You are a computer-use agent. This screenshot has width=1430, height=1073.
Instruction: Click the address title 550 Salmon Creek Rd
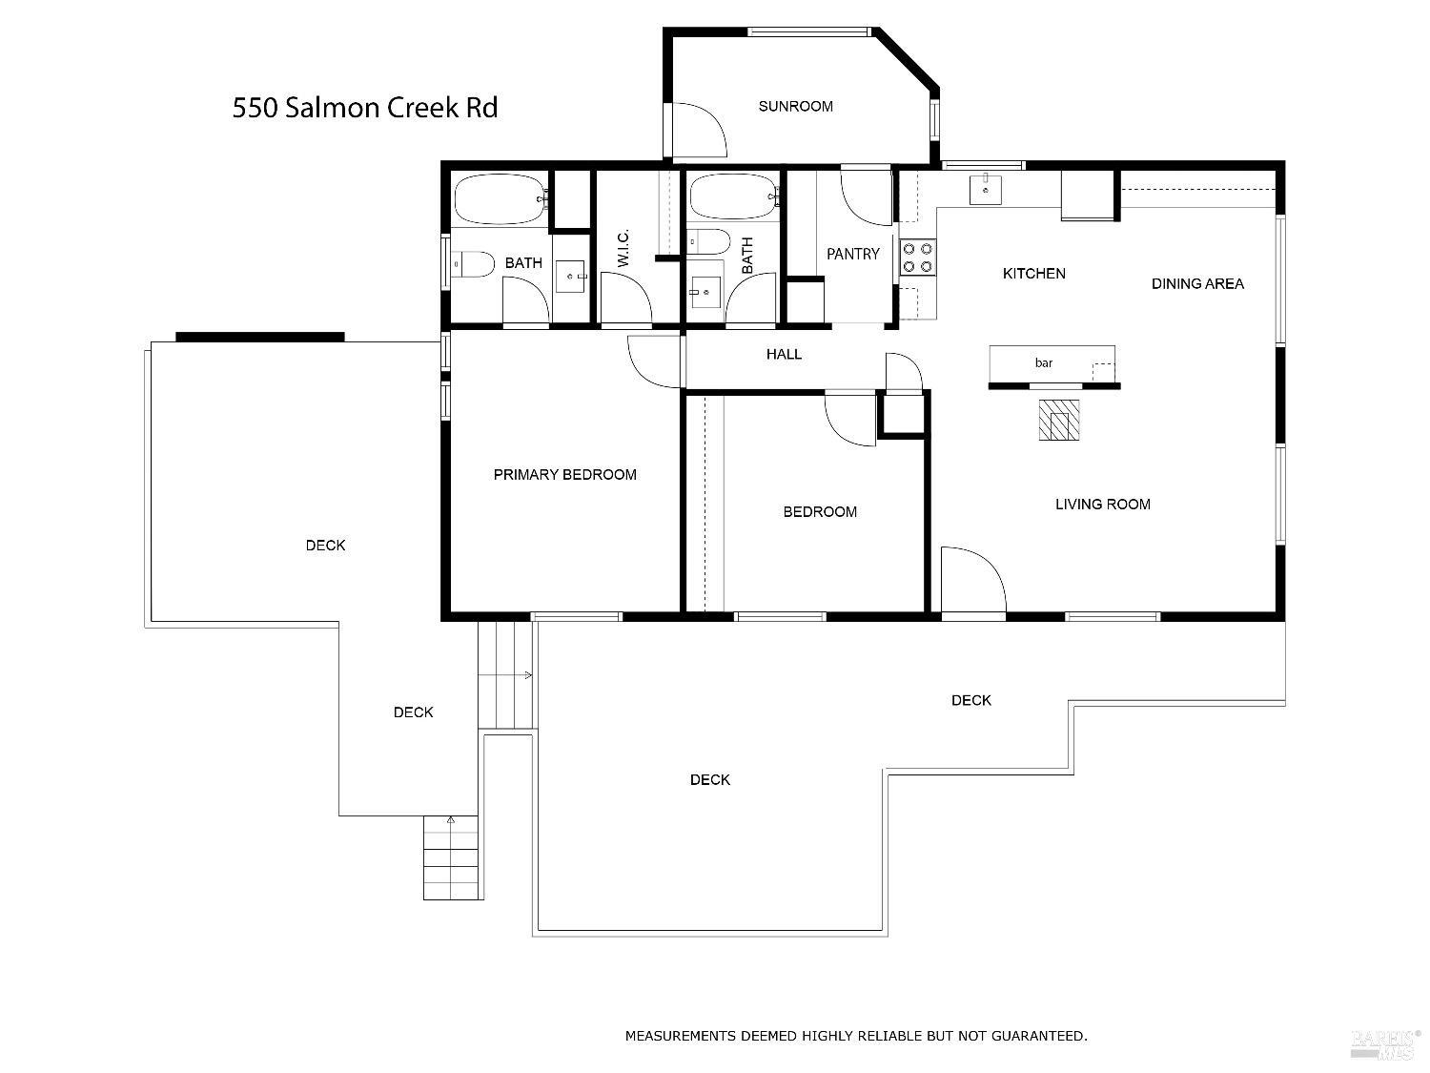[365, 108]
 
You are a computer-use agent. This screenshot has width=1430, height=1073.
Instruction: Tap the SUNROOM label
[795, 107]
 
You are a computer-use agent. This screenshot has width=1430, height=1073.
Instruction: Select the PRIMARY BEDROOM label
[564, 475]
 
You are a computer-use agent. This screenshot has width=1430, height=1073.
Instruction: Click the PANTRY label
[852, 254]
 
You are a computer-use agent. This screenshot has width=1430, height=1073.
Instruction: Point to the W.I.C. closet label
[623, 248]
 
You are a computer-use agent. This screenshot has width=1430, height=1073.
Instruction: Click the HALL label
[784, 355]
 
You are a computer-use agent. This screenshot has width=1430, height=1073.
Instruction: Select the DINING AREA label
[1197, 283]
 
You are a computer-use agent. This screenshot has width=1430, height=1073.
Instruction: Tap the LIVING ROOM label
[1102, 505]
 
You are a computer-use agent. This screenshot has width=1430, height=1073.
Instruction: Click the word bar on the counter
[1044, 363]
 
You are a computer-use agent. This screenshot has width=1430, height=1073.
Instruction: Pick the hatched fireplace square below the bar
[1059, 420]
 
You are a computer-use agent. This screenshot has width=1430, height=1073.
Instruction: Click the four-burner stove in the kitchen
[918, 257]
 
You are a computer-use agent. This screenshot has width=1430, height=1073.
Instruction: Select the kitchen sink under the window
[985, 190]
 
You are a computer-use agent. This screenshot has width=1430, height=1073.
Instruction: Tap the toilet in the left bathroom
[472, 263]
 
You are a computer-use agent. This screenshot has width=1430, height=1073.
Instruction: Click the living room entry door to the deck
[972, 580]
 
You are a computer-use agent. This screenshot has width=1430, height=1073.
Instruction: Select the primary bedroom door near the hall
[656, 361]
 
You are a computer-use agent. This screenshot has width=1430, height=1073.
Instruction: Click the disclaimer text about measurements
[855, 1036]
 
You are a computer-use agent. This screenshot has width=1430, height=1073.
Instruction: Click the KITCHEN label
[1033, 274]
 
